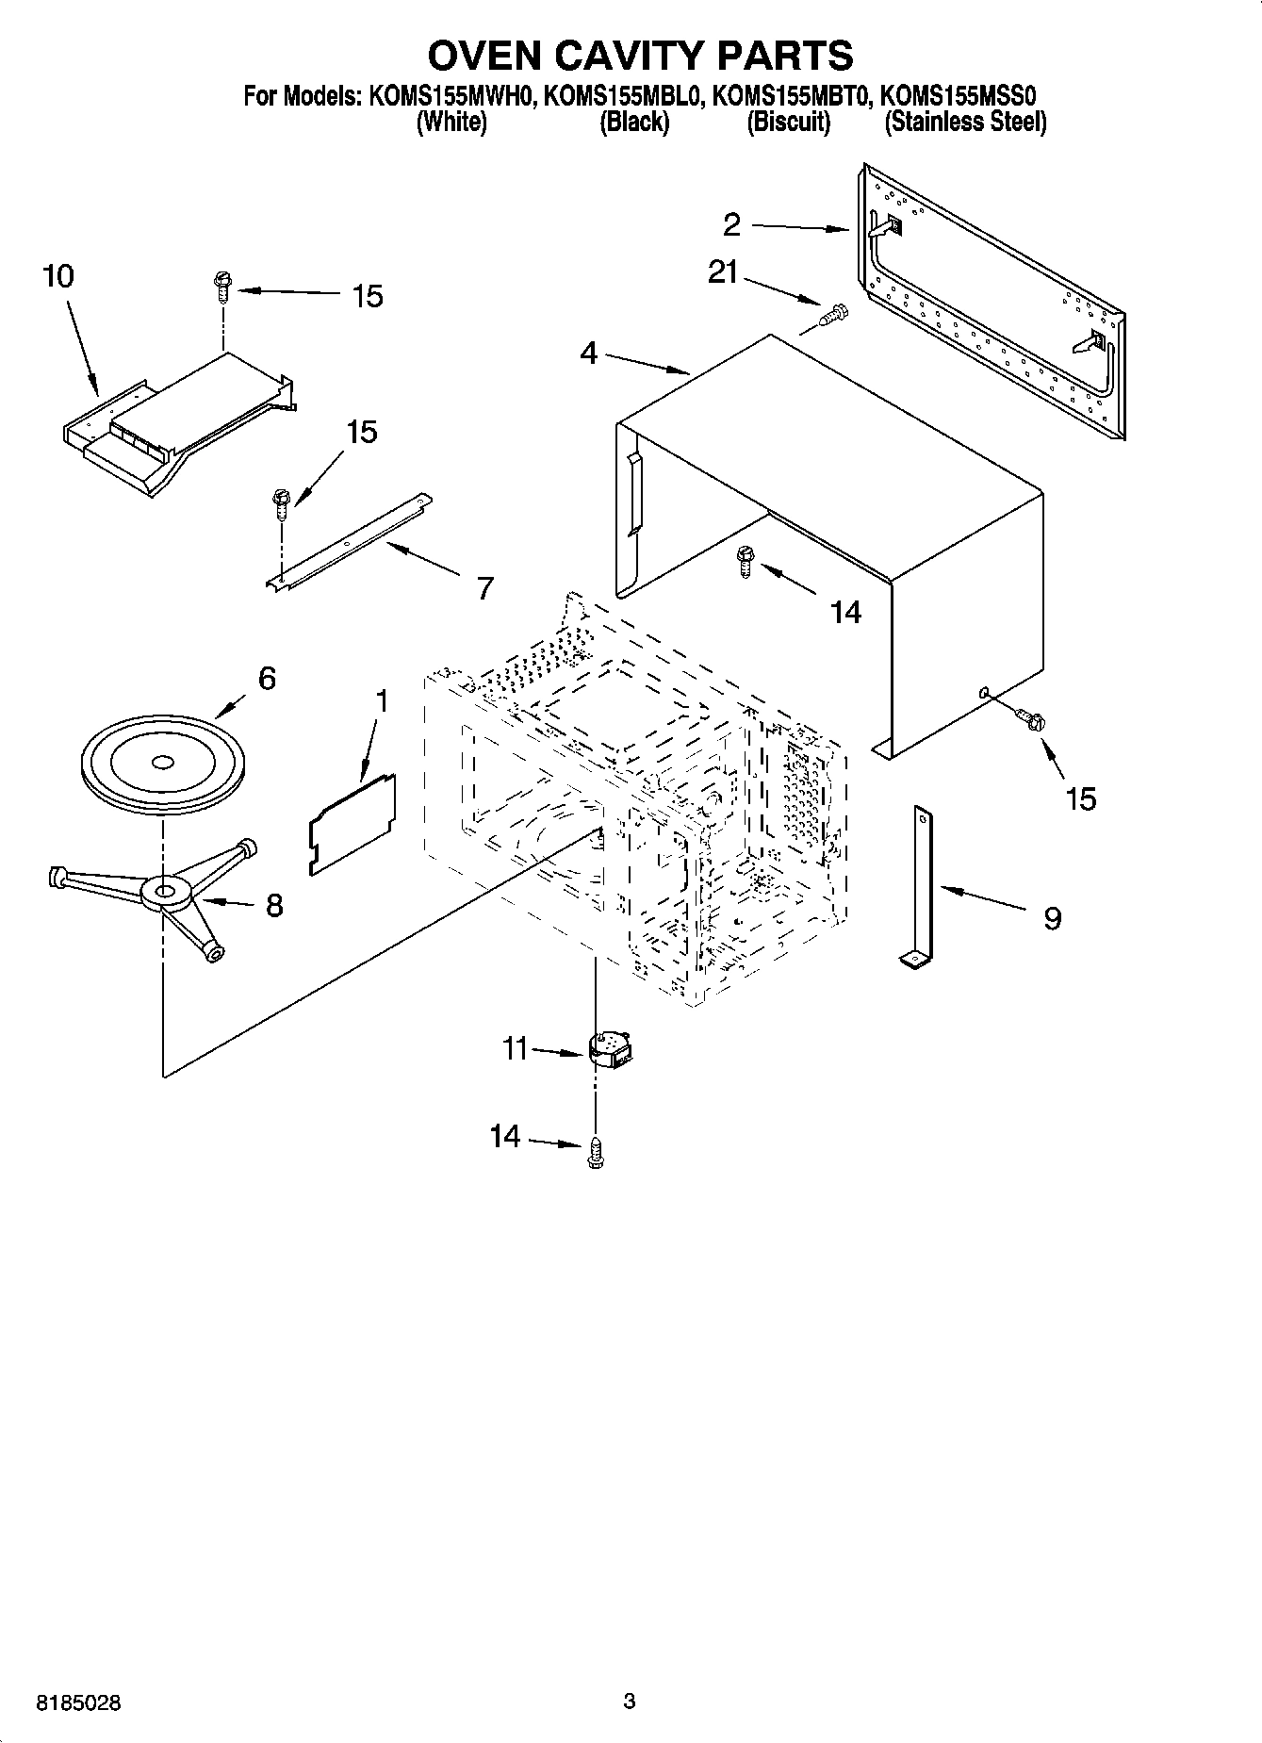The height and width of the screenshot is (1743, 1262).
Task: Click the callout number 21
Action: click(x=723, y=272)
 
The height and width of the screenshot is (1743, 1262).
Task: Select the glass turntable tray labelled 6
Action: click(x=162, y=765)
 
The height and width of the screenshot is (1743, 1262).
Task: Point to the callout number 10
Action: click(x=57, y=276)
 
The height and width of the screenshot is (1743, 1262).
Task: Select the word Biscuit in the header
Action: click(x=789, y=123)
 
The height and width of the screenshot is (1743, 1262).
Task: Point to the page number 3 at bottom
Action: click(x=630, y=1702)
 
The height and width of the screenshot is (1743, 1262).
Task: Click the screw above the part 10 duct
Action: click(x=222, y=284)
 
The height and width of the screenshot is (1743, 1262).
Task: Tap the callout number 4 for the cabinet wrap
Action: click(x=588, y=354)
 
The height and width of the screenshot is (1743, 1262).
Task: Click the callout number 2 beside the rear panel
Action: click(x=732, y=224)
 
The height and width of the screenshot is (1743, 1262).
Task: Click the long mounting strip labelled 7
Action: click(x=349, y=543)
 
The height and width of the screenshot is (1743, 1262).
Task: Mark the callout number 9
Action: click(x=1052, y=917)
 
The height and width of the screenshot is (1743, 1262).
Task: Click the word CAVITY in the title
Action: click(x=630, y=56)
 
